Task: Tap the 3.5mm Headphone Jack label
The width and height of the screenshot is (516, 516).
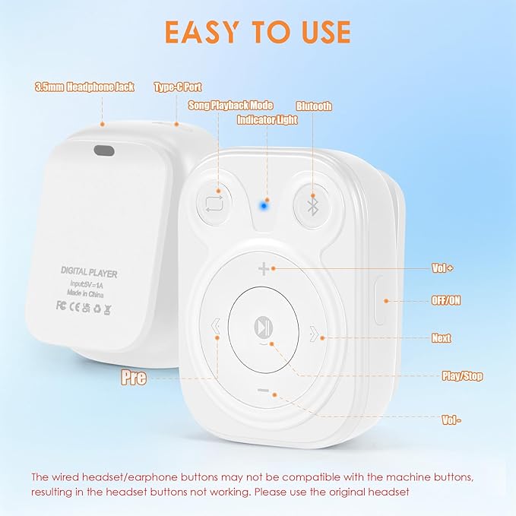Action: (84, 87)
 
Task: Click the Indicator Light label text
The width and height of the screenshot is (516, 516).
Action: (267, 120)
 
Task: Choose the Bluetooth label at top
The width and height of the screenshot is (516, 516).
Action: (314, 106)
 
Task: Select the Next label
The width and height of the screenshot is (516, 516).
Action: (441, 338)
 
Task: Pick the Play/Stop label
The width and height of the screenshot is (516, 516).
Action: (462, 376)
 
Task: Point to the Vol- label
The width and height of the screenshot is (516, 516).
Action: (451, 419)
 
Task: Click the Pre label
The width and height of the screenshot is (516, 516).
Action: (134, 378)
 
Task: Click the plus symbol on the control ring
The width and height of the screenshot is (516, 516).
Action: (263, 269)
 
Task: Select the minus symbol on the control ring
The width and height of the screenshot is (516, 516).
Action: (263, 391)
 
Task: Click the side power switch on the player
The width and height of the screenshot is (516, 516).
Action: (380, 300)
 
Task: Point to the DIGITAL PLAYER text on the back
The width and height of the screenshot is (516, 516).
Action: (89, 272)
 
